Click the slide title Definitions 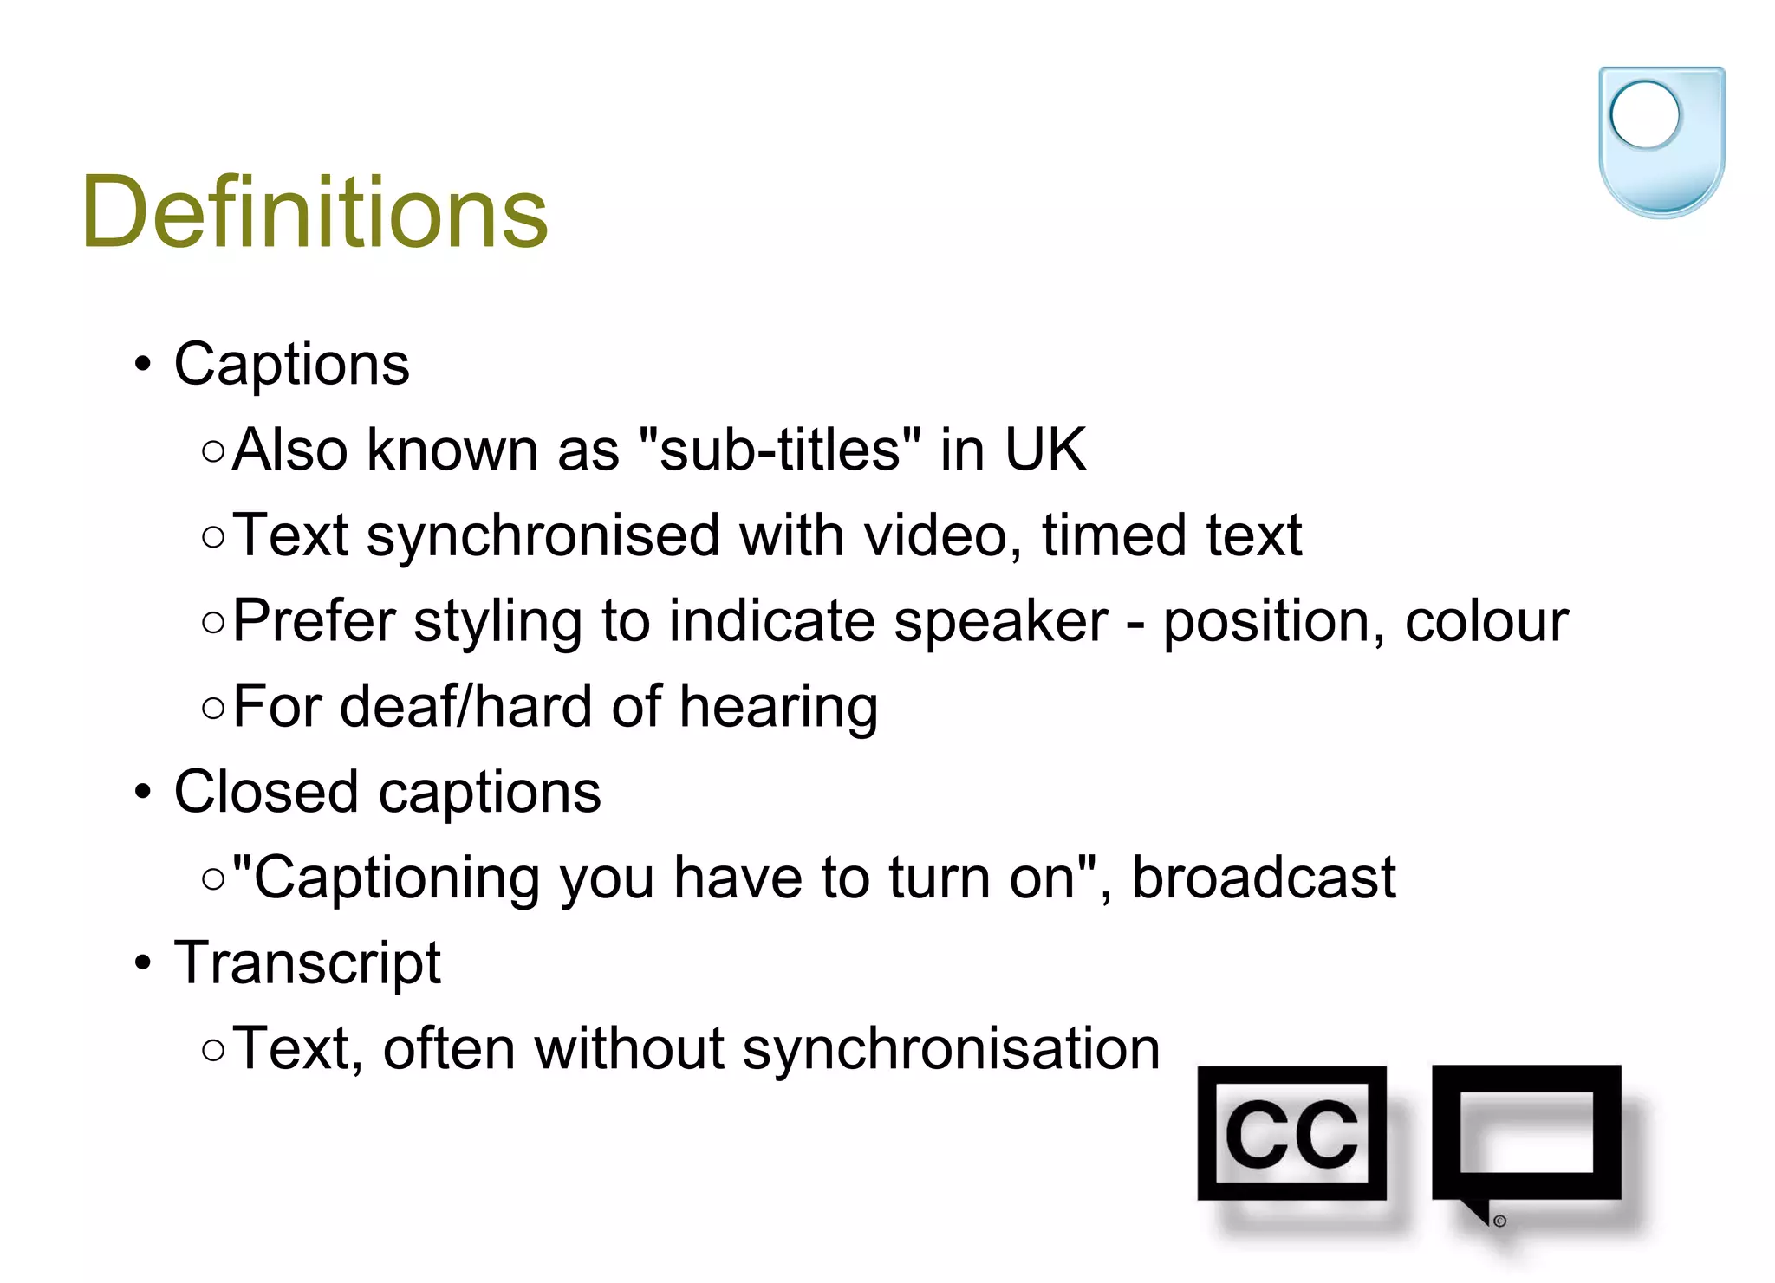click(x=315, y=212)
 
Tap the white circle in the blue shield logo click(x=1644, y=114)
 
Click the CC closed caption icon click(x=1291, y=1133)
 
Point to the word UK click(x=1044, y=450)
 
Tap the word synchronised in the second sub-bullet click(x=543, y=535)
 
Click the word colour click(x=1486, y=621)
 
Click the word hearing click(x=778, y=707)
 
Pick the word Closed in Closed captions click(x=266, y=792)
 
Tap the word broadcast click(x=1264, y=878)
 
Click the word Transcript click(x=308, y=962)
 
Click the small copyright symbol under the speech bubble click(x=1499, y=1221)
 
